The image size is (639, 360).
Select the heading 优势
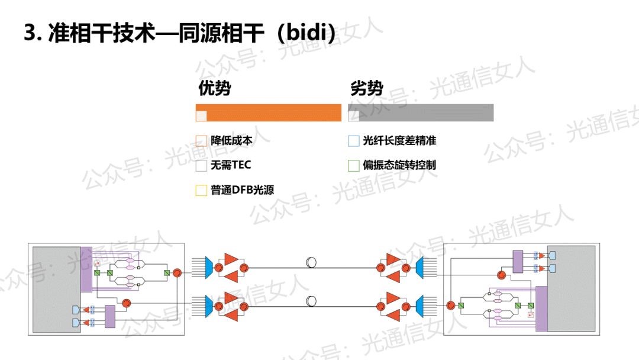pos(214,89)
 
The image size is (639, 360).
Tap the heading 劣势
pos(367,89)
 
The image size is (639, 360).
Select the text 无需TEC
pos(231,165)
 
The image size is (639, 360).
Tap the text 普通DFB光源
pos(242,190)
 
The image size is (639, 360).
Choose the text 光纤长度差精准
pos(399,141)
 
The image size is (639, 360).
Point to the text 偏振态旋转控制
pos(399,165)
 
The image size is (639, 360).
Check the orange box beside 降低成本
pos(201,141)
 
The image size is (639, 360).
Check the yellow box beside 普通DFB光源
pos(201,190)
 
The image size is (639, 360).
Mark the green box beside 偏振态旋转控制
pos(353,165)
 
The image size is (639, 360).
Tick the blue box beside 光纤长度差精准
pos(353,141)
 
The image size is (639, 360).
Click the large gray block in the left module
pos(57,290)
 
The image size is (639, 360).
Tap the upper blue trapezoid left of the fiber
pos(208,267)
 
